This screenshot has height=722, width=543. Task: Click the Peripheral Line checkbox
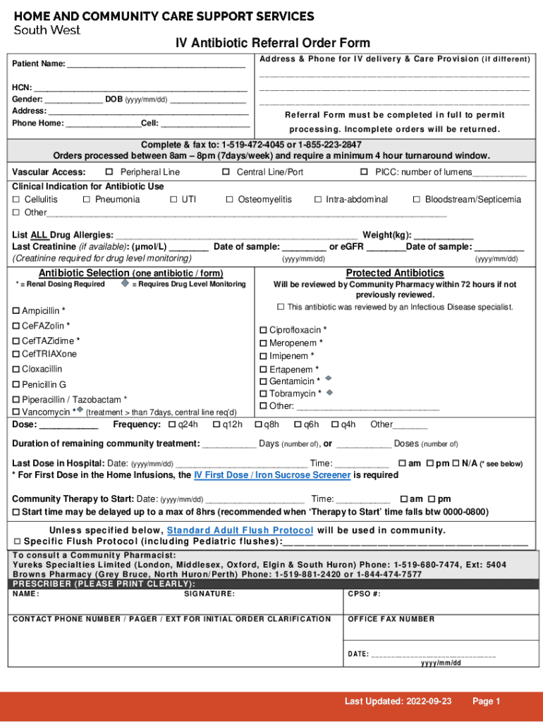click(x=109, y=172)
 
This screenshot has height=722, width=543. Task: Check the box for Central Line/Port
click(x=226, y=172)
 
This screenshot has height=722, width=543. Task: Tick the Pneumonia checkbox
click(x=86, y=200)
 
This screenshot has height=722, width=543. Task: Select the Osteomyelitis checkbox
click(x=229, y=200)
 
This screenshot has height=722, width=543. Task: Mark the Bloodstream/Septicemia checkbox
click(x=417, y=200)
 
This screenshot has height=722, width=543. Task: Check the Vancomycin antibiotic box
click(x=16, y=412)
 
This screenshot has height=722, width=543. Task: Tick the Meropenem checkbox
click(x=264, y=343)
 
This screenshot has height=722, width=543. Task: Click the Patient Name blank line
click(x=155, y=64)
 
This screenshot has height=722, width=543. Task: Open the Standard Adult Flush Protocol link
click(x=240, y=530)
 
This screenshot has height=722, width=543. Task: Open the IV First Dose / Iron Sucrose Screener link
click(x=272, y=475)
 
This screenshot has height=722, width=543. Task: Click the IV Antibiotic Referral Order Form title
click(x=272, y=43)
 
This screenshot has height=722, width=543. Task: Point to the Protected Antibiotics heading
click(x=394, y=273)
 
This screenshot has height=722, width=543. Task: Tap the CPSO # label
click(x=364, y=594)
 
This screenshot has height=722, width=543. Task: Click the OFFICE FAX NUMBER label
click(x=391, y=619)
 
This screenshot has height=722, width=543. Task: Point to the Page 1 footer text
click(x=486, y=701)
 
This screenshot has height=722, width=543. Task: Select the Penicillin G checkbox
click(x=16, y=385)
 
